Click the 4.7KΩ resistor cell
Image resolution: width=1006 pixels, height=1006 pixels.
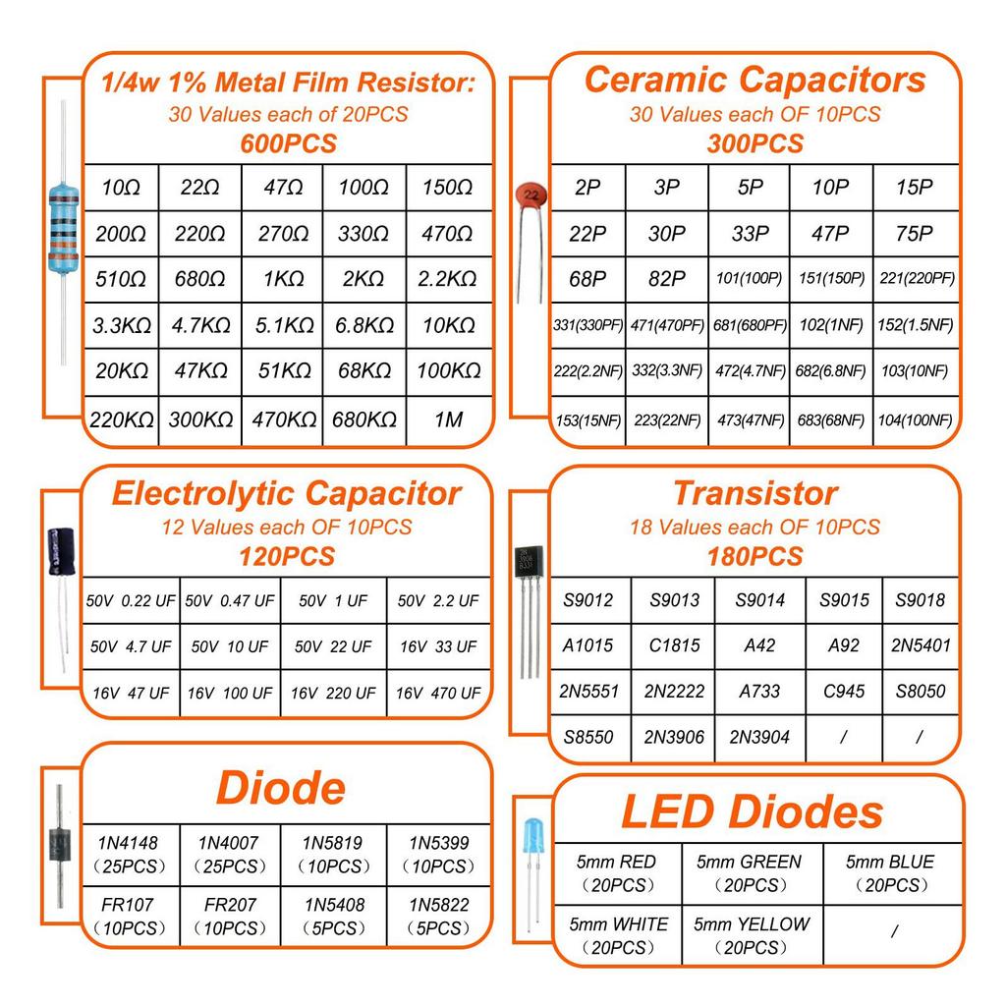pos(200,325)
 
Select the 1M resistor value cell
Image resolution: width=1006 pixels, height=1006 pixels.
pos(449,419)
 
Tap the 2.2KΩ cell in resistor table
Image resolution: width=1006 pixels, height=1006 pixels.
pos(449,279)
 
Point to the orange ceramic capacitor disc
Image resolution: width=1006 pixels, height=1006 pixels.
pos(531,196)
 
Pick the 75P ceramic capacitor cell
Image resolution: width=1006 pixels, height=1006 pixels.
pos(914,234)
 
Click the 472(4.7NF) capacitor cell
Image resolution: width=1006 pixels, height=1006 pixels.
pos(750,371)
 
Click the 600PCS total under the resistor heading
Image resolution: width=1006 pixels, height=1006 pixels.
pos(288,143)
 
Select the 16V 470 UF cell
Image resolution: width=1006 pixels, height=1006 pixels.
pos(438,693)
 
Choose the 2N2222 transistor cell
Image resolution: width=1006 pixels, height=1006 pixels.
pos(674,691)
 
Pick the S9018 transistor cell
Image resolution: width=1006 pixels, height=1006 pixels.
pos(921,599)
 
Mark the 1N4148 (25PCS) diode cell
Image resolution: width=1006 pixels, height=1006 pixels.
pos(129,854)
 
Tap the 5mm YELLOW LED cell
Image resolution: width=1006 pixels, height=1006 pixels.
pos(752,935)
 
